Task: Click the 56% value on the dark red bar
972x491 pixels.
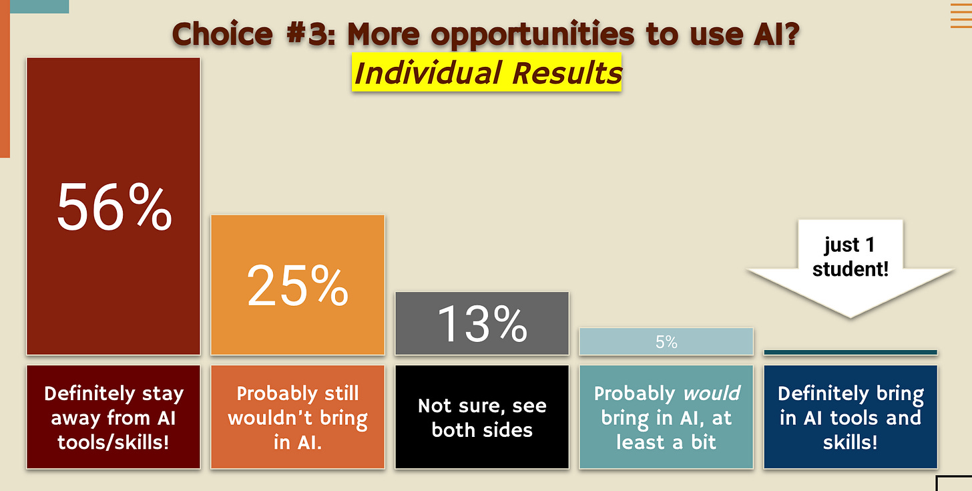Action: (114, 206)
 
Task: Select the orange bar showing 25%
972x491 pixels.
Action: (298, 285)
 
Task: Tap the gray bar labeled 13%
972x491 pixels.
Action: (482, 323)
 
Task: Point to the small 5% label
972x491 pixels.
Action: (666, 342)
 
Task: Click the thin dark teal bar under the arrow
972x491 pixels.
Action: (850, 353)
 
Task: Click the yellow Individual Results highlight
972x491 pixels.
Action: (487, 72)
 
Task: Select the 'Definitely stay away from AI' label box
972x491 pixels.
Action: (113, 417)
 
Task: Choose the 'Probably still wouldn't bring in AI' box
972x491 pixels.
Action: (298, 417)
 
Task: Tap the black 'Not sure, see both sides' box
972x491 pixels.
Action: (482, 417)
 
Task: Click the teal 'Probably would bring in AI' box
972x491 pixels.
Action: (666, 417)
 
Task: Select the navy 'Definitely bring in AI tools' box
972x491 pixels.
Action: (850, 417)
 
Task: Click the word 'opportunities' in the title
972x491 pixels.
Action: (533, 35)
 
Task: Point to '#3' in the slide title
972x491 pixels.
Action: (310, 33)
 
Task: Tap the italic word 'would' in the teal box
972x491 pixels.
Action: (712, 393)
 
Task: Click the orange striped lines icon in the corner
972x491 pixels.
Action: (961, 15)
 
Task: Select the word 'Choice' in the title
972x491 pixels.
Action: (222, 33)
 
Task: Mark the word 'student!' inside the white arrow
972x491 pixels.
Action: (850, 269)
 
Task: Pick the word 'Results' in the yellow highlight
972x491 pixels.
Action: (567, 73)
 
